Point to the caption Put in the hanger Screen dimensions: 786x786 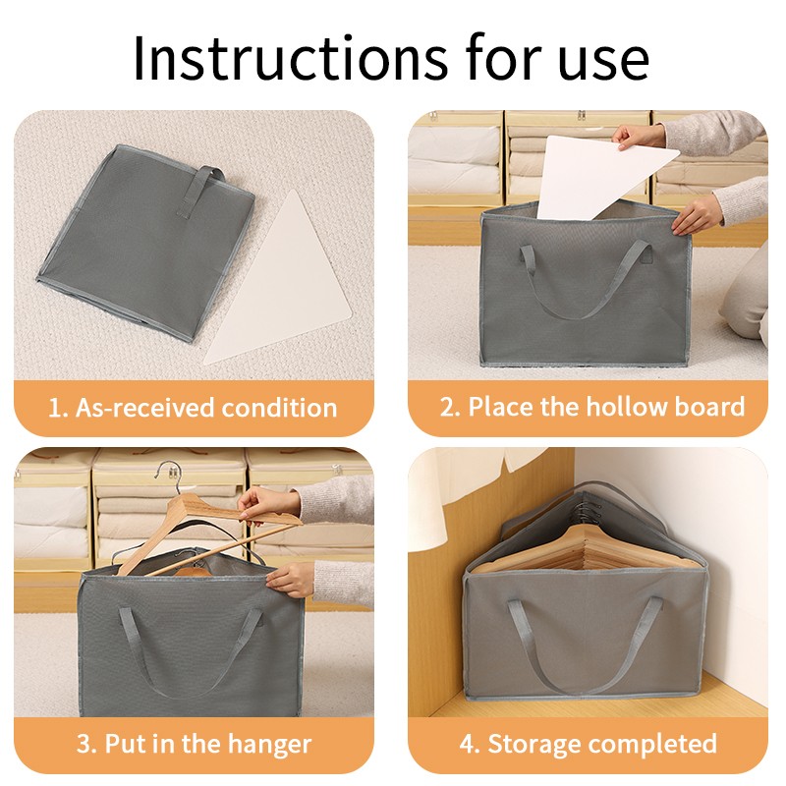click(x=206, y=744)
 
